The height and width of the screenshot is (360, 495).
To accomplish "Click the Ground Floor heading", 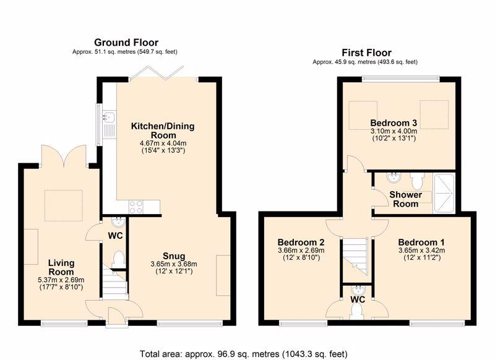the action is click(126, 42).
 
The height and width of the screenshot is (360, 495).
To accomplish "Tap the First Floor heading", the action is click(366, 53).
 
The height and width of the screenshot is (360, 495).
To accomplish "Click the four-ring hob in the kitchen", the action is click(136, 207).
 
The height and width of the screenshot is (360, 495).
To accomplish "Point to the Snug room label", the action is click(174, 256).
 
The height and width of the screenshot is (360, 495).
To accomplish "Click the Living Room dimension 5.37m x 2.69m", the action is click(61, 280).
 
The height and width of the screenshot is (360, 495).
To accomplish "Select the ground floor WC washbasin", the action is click(119, 222).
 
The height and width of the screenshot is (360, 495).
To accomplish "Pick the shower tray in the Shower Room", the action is click(444, 193).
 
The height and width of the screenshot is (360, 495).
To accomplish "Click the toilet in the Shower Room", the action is click(416, 181).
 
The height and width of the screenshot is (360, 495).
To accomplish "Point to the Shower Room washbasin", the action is click(394, 177).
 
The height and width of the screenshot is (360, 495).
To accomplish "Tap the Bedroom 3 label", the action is click(394, 122).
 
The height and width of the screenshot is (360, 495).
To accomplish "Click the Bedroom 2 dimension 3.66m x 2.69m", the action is click(301, 251).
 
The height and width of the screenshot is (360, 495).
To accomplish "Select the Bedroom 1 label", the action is click(421, 242).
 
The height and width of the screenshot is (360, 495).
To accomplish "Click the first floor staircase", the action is click(355, 257).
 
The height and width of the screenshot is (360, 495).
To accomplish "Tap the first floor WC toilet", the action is click(357, 312).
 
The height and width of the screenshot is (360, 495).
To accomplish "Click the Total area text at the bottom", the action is click(243, 354).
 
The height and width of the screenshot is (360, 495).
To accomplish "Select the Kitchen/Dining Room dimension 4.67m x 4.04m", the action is click(163, 144).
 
